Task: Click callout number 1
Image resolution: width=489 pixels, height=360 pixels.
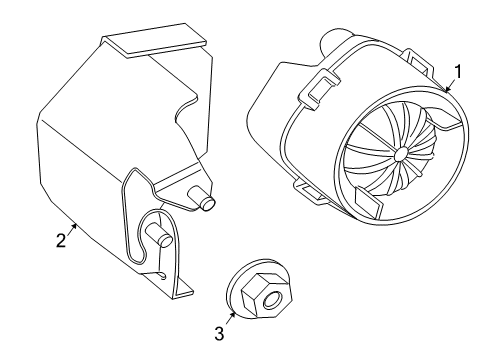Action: pyautogui.click(x=458, y=72)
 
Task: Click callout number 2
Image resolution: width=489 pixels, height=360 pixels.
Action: pyautogui.click(x=61, y=241)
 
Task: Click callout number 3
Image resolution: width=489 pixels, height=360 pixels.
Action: pyautogui.click(x=219, y=334)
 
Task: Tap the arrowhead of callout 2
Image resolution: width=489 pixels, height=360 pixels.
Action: pyautogui.click(x=75, y=226)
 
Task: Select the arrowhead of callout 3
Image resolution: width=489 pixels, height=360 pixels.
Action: pyautogui.click(x=233, y=314)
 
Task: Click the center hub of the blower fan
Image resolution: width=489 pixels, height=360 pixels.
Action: pyautogui.click(x=400, y=154)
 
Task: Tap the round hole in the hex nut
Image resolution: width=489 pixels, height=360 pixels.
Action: pyautogui.click(x=272, y=300)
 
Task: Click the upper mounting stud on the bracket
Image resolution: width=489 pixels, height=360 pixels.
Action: pyautogui.click(x=202, y=198)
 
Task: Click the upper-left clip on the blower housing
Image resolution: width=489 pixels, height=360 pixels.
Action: pyautogui.click(x=319, y=87)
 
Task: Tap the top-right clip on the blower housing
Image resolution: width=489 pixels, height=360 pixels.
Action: pyautogui.click(x=418, y=63)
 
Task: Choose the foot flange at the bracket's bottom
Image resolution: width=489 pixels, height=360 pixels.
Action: pyautogui.click(x=184, y=287)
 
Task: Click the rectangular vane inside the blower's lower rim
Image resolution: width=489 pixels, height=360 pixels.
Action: pyautogui.click(x=368, y=203)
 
